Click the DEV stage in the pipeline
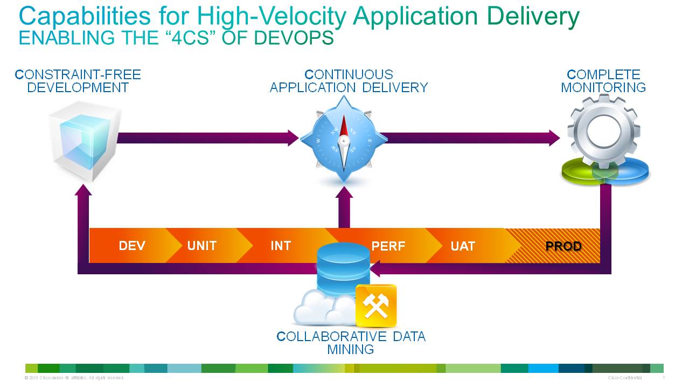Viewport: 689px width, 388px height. [132, 246]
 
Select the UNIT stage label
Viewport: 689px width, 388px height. [202, 246]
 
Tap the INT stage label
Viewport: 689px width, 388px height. [281, 246]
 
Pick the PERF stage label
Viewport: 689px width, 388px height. [388, 246]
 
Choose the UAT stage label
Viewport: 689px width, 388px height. [463, 246]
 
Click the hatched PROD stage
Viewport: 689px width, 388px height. [563, 246]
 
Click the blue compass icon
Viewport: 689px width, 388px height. [344, 139]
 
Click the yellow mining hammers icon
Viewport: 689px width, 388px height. [376, 306]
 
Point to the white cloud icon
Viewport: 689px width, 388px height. [323, 309]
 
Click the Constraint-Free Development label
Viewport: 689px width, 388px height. [78, 81]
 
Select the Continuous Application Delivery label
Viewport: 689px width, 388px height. [349, 81]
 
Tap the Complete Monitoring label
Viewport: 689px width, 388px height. [603, 81]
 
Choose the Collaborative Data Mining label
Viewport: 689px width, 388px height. [351, 343]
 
